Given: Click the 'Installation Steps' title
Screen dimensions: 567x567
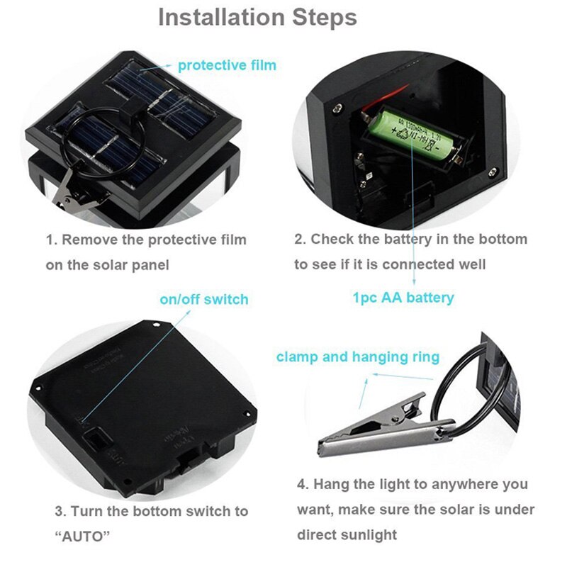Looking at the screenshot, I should coord(257,17).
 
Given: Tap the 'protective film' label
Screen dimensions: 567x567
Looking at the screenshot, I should coord(227,65).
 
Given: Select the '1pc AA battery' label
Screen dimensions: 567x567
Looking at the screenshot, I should coord(403,298).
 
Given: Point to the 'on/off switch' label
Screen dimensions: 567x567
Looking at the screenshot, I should coord(204,299).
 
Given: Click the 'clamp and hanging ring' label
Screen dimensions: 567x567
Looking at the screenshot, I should coord(358,357).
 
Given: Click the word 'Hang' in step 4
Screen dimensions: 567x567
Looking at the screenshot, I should coord(332,485).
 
